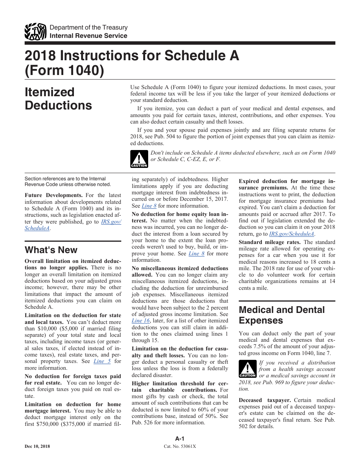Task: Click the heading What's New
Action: pyautogui.click(x=51, y=250)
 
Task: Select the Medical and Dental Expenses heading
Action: pyautogui.click(x=282, y=315)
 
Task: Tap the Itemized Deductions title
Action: pyautogui.click(x=58, y=99)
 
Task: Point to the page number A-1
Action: pyautogui.click(x=180, y=439)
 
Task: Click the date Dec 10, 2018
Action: pyautogui.click(x=37, y=446)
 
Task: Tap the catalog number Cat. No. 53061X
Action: pyautogui.click(x=180, y=446)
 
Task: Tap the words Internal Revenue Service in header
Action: pyautogui.click(x=89, y=36)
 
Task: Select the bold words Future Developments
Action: pyautogui.click(x=53, y=195)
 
